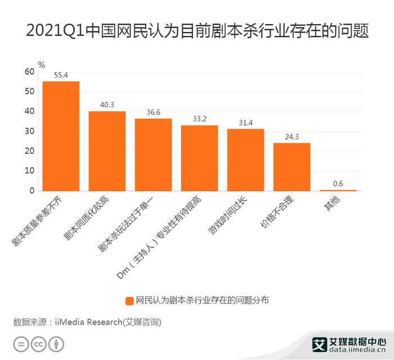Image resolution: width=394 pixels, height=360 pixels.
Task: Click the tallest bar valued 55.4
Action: pyautogui.click(x=61, y=136)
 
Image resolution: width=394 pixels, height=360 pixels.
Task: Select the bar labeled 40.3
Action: pyautogui.click(x=107, y=151)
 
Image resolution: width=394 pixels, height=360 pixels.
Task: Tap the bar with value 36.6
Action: pyautogui.click(x=153, y=155)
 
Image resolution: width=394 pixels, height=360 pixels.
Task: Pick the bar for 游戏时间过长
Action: pyautogui.click(x=246, y=160)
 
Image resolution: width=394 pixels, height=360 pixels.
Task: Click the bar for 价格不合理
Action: pyautogui.click(x=292, y=167)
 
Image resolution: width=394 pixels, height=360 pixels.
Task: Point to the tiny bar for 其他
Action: pyautogui.click(x=338, y=191)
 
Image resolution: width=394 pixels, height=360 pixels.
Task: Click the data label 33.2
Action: pyautogui.click(x=199, y=119)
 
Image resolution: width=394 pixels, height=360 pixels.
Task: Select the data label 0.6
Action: pyautogui.click(x=338, y=183)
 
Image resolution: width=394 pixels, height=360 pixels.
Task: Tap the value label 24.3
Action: pyautogui.click(x=292, y=137)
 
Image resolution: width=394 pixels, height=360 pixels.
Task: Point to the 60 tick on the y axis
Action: pyautogui.click(x=29, y=72)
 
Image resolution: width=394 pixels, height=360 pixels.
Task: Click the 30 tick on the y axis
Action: pyautogui.click(x=29, y=131)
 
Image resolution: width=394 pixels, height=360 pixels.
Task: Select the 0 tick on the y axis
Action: pyautogui.click(x=32, y=191)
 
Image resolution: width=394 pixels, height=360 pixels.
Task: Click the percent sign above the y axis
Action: pyautogui.click(x=42, y=65)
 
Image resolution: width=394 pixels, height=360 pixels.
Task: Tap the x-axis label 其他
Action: pyautogui.click(x=332, y=204)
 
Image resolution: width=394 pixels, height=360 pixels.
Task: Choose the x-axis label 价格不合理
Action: pyautogui.click(x=277, y=212)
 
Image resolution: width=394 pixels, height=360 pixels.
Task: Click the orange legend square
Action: pyautogui.click(x=129, y=301)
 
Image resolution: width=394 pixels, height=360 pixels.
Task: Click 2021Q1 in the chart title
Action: pyautogui.click(x=55, y=30)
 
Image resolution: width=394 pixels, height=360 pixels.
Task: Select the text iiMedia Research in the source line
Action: pyautogui.click(x=88, y=322)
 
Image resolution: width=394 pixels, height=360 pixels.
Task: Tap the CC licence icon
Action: pyautogui.click(x=38, y=344)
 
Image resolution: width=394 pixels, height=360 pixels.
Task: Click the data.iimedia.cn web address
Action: pyautogui.click(x=357, y=350)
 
